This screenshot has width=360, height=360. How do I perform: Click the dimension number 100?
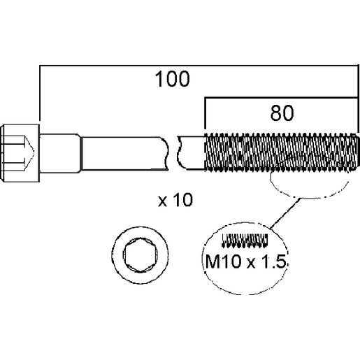172,79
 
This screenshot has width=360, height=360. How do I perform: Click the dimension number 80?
282,113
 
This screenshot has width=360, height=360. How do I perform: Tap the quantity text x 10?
175,200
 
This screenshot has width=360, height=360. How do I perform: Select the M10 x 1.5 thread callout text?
245,261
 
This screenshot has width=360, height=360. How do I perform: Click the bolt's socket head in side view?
20,153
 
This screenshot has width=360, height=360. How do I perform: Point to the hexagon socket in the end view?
140,255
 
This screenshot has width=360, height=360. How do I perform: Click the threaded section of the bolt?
282,152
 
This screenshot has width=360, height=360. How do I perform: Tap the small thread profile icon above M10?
245,240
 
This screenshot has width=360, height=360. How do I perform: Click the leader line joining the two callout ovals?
285,213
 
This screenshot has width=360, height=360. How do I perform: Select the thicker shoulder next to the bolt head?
60,153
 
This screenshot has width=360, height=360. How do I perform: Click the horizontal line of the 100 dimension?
199,66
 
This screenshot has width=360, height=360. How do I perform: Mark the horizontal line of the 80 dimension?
281,98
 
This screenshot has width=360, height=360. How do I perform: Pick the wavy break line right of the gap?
180,153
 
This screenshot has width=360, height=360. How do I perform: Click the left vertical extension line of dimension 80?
205,113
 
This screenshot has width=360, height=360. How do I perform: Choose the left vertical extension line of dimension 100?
40,93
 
